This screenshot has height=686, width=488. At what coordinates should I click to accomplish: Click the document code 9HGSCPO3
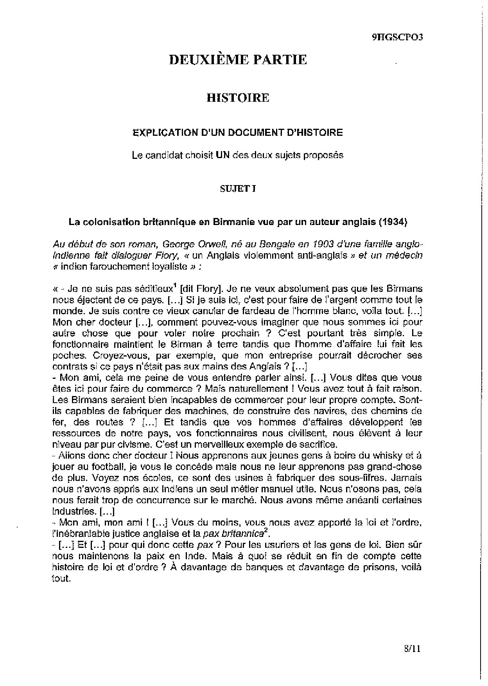[397, 37]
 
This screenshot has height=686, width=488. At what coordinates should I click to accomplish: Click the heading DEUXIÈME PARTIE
[238, 59]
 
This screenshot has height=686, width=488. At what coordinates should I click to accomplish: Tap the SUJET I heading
[238, 188]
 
